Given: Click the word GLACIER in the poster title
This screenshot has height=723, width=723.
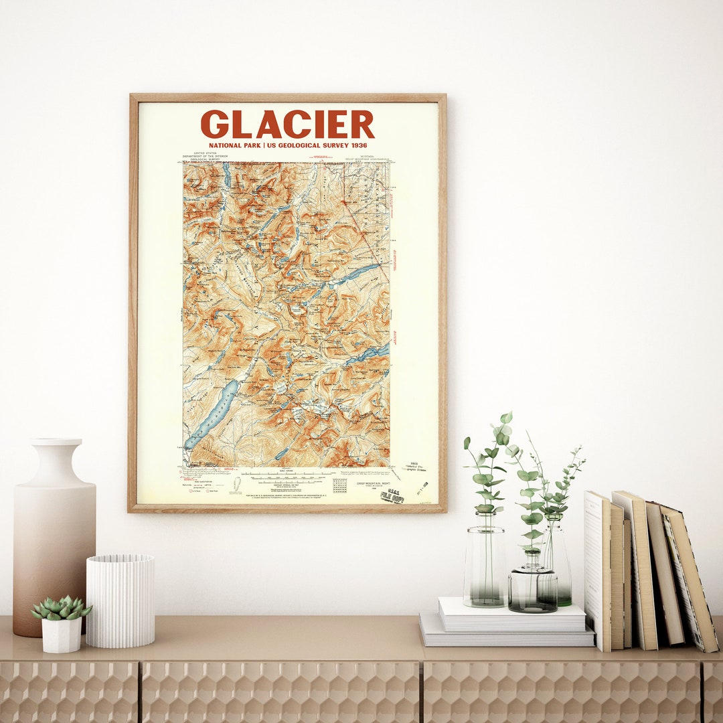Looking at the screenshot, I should [x=287, y=125].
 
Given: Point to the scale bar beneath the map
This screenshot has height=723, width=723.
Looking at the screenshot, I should [x=285, y=477].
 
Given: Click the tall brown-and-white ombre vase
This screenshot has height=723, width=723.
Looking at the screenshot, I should [x=54, y=549].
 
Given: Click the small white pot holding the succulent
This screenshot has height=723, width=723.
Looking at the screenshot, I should [x=62, y=635].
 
